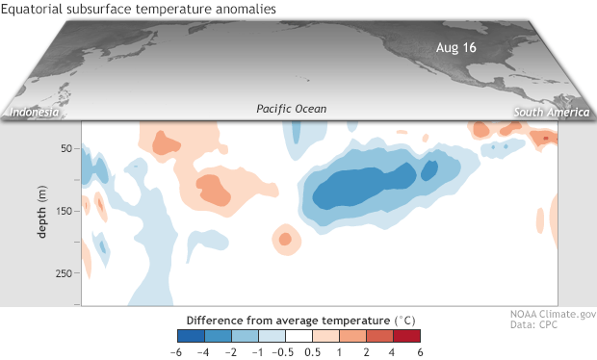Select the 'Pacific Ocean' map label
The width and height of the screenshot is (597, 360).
[x=292, y=110]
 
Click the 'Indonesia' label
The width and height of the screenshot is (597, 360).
[x=35, y=113]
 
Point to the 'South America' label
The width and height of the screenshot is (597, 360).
[x=546, y=113]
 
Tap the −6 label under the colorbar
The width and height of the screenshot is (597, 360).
[x=176, y=350]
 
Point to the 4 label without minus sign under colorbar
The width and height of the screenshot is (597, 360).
[x=392, y=350]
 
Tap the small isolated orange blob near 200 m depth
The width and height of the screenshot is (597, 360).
[x=284, y=237]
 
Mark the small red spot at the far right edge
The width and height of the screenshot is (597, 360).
[x=545, y=139]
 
